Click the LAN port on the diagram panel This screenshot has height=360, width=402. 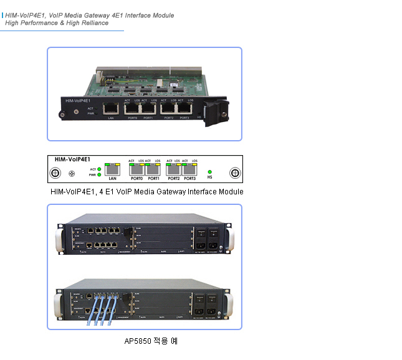point(113,169)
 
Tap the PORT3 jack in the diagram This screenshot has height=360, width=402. point(189,169)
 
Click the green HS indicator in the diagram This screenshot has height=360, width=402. point(209,171)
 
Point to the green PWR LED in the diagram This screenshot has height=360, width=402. point(100,174)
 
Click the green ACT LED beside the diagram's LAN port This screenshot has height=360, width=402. point(100,169)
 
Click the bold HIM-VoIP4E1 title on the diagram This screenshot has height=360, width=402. point(69,159)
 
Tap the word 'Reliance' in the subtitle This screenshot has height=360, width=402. point(93,23)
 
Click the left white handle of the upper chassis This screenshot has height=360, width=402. point(60,240)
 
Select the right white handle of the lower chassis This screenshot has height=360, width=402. point(229,302)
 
